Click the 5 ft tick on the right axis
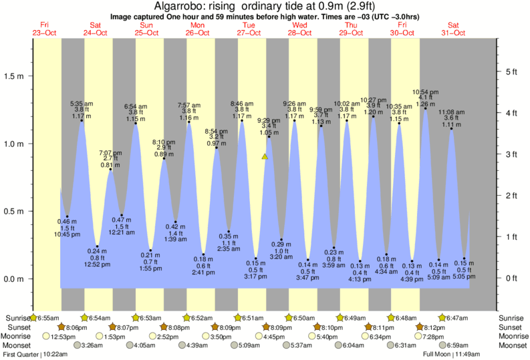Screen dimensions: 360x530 click(x=512, y=71)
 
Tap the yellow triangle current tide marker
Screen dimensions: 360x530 click(x=265, y=156)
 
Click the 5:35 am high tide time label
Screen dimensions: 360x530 click(x=82, y=104)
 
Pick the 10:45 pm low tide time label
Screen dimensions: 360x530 click(x=67, y=234)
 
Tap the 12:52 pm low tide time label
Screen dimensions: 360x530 click(x=97, y=264)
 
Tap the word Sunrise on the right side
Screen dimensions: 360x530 click(x=513, y=317)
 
